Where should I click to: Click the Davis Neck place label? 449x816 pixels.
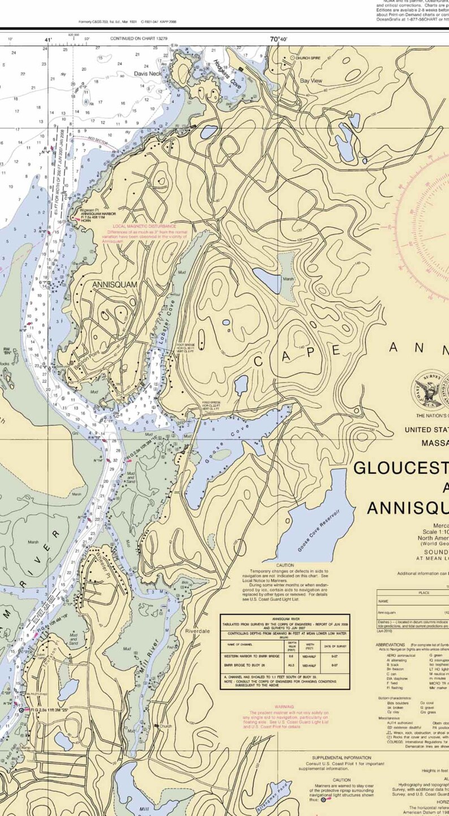click(x=148, y=74)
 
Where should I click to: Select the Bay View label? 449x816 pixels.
click(x=310, y=81)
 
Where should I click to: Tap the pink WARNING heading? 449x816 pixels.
click(x=284, y=706)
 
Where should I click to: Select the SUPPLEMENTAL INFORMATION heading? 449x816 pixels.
click(x=342, y=757)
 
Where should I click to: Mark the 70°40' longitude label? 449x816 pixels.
click(x=278, y=39)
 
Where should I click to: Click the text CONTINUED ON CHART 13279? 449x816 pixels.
click(x=139, y=38)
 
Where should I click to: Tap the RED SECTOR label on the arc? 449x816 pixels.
click(x=97, y=139)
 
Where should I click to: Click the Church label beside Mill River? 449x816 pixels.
click(x=165, y=726)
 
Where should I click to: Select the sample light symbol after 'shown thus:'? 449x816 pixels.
click(x=323, y=800)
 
